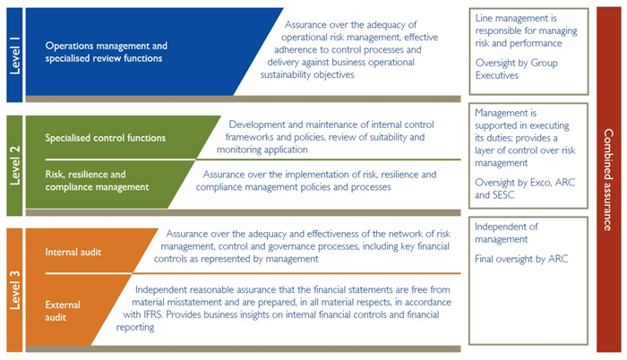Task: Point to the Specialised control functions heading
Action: click(105, 138)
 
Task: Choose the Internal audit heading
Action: click(73, 252)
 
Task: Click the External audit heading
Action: click(64, 312)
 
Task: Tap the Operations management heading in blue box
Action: click(106, 51)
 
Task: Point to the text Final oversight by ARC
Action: click(520, 260)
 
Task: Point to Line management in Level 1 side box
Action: click(507, 17)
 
